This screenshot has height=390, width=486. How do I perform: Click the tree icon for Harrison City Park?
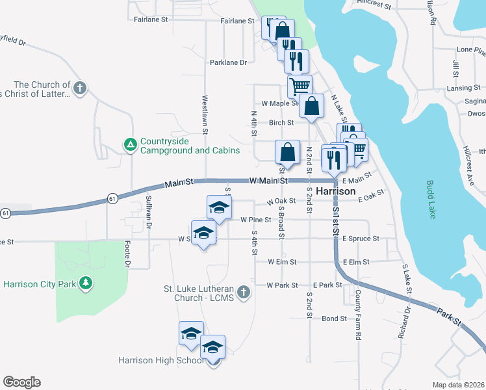85,283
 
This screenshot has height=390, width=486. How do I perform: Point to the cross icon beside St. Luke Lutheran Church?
244,292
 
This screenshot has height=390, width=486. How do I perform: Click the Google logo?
21,382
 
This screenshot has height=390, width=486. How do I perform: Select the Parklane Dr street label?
228,63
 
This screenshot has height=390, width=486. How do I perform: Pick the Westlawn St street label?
205,116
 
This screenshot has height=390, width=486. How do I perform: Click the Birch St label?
281,122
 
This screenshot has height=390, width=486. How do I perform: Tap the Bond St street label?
334,318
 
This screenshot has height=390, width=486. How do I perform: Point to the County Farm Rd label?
358,315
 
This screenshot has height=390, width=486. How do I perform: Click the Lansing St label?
463,88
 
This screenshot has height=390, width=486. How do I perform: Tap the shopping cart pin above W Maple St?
300,85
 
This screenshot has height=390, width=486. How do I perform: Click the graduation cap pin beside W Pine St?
219,207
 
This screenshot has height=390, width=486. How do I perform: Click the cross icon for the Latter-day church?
79,88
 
